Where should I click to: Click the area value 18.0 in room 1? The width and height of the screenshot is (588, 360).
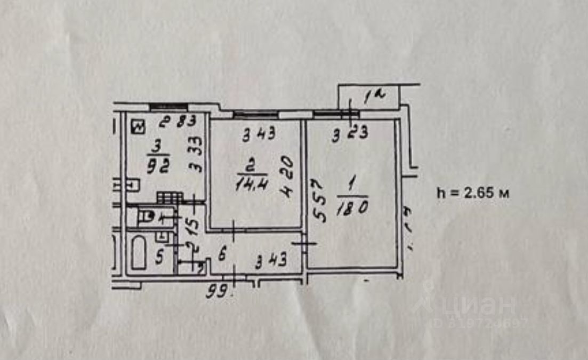(352, 207)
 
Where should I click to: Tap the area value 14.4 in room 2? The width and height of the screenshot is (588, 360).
(252, 184)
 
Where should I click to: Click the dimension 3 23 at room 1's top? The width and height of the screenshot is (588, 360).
(349, 134)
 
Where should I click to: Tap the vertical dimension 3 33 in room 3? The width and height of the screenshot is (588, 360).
(197, 157)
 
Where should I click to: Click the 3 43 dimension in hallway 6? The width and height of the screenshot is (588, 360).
(271, 261)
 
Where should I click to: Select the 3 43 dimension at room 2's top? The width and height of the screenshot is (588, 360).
(259, 134)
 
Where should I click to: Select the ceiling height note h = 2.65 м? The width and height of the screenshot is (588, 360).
(472, 193)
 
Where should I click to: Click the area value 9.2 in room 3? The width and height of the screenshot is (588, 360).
(158, 166)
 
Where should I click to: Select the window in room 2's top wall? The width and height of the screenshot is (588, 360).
(256, 113)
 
